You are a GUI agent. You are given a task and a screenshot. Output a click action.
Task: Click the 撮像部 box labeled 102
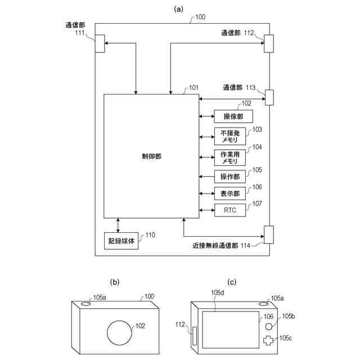[233, 116]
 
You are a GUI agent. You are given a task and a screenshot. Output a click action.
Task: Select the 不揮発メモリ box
[230, 136]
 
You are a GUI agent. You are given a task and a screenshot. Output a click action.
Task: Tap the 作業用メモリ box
[230, 157]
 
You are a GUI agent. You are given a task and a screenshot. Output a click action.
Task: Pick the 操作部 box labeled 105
[230, 176]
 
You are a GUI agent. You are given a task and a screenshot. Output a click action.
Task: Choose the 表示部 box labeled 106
[230, 193]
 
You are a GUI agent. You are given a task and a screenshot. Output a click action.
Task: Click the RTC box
[230, 210]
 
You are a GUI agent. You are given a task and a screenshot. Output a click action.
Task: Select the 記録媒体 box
[121, 241]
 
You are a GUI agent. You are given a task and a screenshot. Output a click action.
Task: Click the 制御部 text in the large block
[151, 156]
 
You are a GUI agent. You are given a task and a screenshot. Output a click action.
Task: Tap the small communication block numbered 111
[100, 43]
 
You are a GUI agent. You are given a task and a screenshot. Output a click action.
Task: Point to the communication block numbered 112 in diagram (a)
[268, 43]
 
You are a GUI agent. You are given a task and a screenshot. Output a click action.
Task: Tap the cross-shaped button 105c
[271, 341]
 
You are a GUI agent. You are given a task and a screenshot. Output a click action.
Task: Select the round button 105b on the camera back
[269, 326]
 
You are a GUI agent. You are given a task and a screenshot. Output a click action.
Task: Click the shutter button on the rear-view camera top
[263, 303]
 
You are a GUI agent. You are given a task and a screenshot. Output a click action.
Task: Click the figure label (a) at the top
[179, 8]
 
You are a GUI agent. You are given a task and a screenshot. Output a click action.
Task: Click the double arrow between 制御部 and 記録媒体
[118, 225]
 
